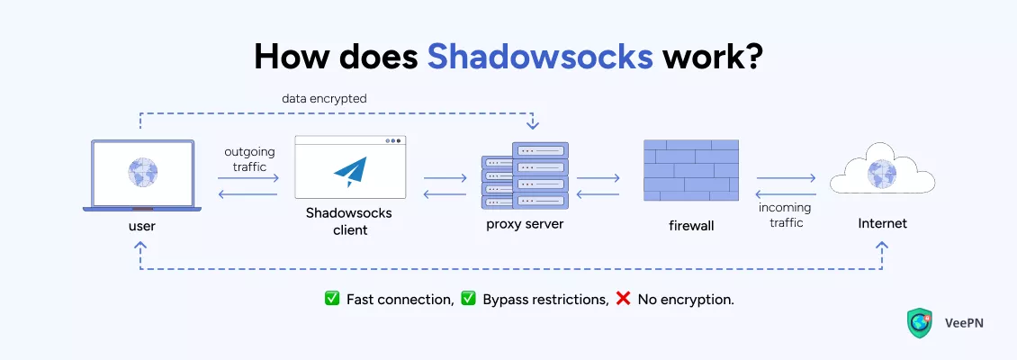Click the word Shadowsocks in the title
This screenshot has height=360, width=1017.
pyautogui.click(x=539, y=56)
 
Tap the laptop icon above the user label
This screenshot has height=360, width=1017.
pyautogui.click(x=142, y=175)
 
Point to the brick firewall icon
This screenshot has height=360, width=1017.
pyautogui.click(x=690, y=170)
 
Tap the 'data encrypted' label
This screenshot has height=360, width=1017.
pyautogui.click(x=325, y=99)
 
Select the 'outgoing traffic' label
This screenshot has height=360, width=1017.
pyautogui.click(x=249, y=159)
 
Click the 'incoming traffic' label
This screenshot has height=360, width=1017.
pyautogui.click(x=786, y=214)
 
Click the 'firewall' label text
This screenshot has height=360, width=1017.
pyautogui.click(x=690, y=225)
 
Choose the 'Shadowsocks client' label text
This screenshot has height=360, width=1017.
pyautogui.click(x=349, y=222)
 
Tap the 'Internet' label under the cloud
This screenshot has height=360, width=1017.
pyautogui.click(x=881, y=223)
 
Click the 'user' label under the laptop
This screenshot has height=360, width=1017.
pyautogui.click(x=142, y=225)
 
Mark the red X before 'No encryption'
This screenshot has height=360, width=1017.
pyautogui.click(x=623, y=299)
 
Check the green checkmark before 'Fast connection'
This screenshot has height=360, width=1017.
pyautogui.click(x=332, y=299)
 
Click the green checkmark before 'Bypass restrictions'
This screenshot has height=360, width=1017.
pyautogui.click(x=468, y=299)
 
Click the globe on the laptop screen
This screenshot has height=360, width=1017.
pyautogui.click(x=142, y=170)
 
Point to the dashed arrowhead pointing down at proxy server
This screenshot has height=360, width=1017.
pyautogui.click(x=533, y=122)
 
